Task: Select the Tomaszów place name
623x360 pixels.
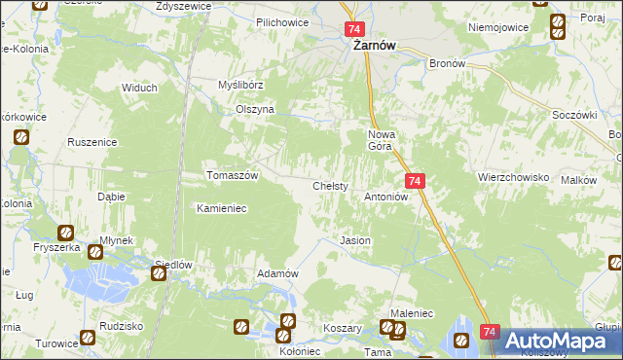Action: [232, 175]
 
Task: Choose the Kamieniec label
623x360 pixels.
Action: [225, 208]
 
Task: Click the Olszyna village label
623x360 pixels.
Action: [255, 110]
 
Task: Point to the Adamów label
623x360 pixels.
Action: [276, 273]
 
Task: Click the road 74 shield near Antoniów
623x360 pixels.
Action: [415, 182]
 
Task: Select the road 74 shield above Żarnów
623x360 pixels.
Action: [354, 30]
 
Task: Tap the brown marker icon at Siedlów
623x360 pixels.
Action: [158, 275]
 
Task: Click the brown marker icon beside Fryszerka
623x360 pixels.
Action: [65, 234]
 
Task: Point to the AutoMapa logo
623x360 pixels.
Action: [557, 341]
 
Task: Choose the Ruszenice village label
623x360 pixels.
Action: [92, 142]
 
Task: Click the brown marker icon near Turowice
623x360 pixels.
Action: [88, 337]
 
